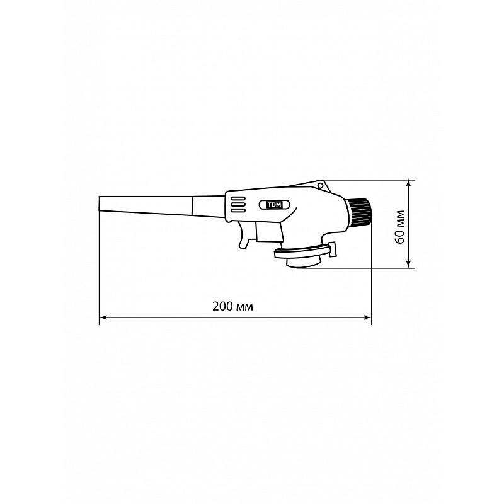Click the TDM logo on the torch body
(274, 204)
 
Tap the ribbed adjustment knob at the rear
(358, 212)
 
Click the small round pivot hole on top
(320, 186)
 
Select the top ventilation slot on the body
(238, 198)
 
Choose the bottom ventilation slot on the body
(238, 210)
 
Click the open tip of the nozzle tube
(100, 203)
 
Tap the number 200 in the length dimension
(222, 306)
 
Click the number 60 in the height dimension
(399, 236)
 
